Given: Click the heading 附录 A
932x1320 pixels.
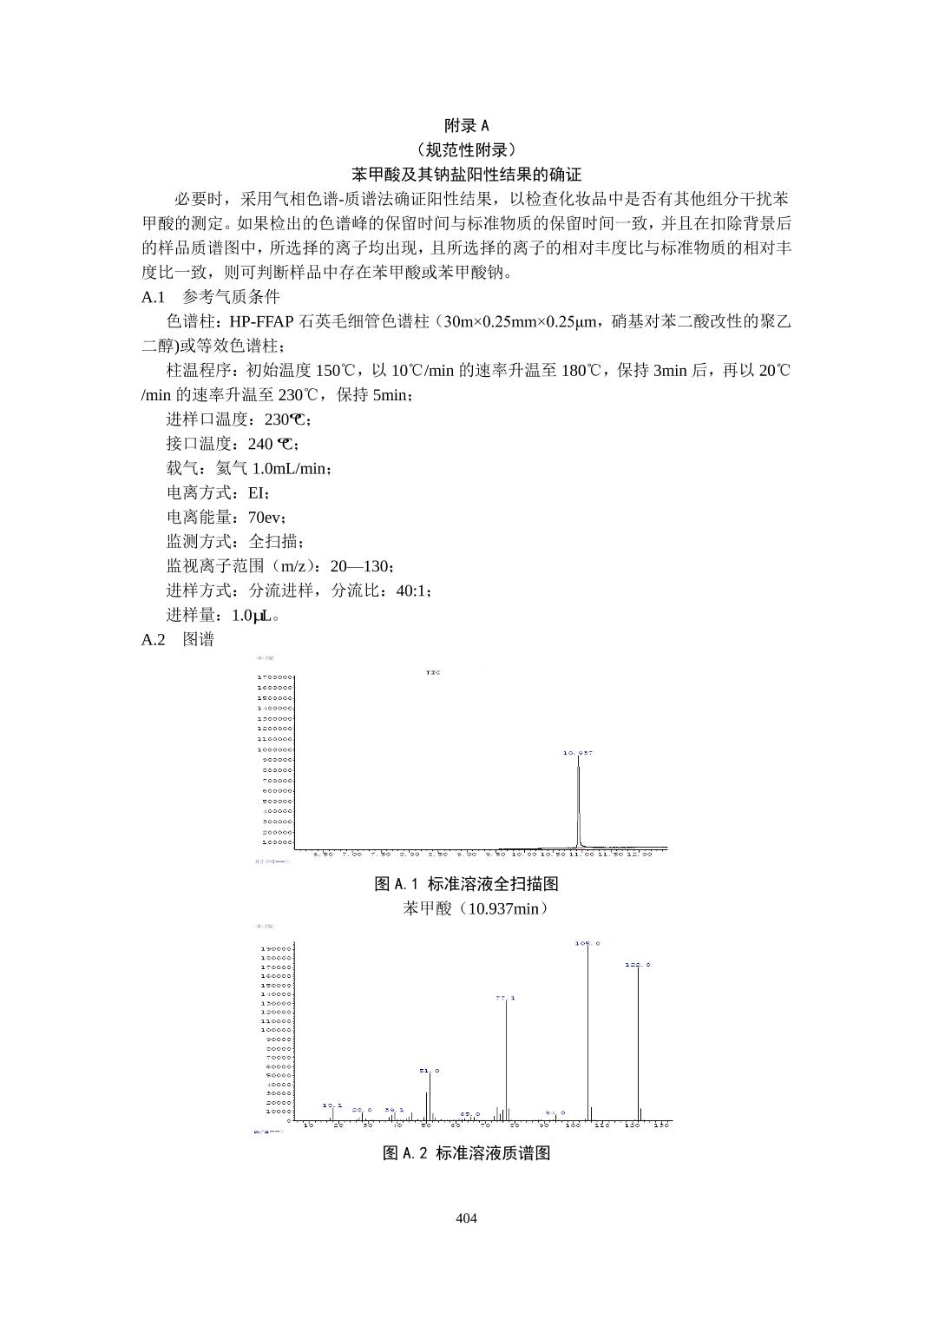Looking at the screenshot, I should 466,125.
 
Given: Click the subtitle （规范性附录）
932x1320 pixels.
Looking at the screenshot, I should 466,149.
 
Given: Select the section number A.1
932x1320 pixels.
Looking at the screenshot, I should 153,297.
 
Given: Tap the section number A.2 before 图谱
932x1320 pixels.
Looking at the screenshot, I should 153,640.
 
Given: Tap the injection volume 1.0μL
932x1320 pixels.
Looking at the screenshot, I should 254,616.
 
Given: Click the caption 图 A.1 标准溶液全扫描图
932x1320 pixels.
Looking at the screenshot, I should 466,884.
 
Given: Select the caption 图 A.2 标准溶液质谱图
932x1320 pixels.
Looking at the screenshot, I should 467,1153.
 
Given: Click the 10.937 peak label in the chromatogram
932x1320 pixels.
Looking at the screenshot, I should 578,752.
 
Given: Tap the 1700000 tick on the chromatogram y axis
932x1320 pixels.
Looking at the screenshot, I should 274,676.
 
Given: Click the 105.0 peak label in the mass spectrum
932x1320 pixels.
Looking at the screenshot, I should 587,943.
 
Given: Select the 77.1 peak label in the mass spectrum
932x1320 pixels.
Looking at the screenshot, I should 506,998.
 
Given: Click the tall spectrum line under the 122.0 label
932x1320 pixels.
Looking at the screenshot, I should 639,1042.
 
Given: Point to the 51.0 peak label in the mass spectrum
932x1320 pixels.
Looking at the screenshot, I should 430,1071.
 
